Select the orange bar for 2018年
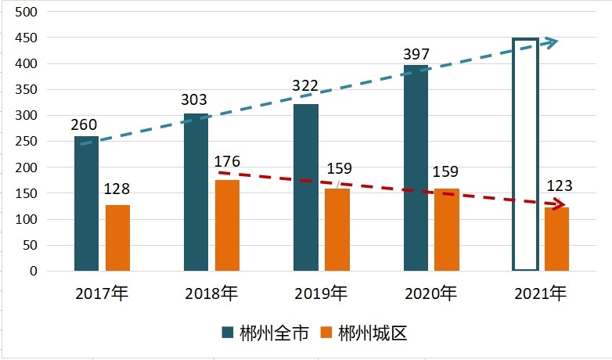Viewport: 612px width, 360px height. pos(227,225)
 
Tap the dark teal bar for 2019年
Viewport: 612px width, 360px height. pos(306,188)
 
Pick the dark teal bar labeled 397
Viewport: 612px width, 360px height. pos(416,168)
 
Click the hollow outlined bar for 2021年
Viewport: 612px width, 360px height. pos(525,154)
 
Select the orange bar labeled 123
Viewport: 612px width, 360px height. pos(556,239)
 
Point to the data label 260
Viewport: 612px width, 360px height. pos(85,124)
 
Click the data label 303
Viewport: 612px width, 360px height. pos(194,100)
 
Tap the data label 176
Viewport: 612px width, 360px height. pos(226,162)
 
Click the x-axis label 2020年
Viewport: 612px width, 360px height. pos(430,294)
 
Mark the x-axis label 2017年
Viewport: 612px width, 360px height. pos(102,294)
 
